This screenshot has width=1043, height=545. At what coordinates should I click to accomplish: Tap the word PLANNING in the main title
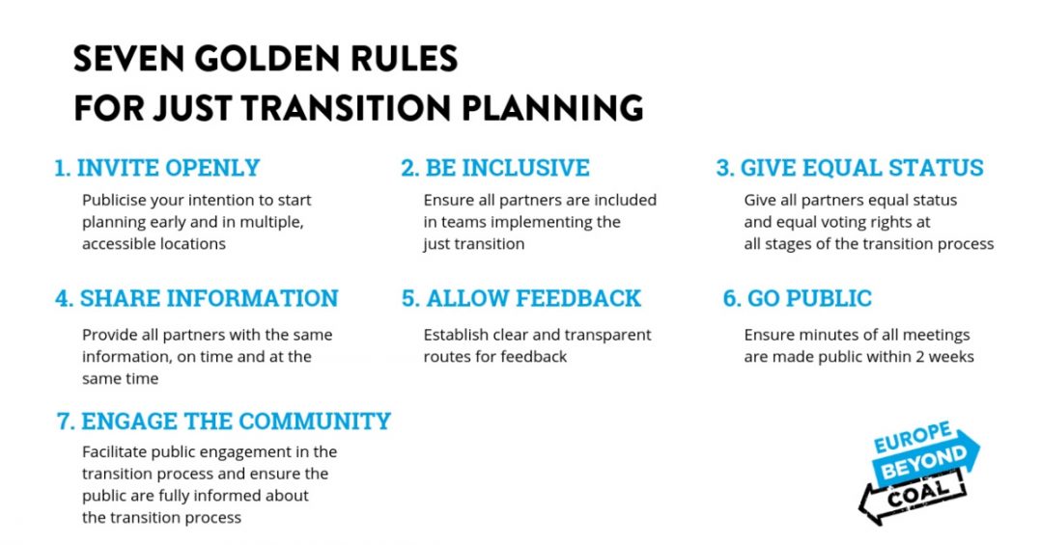[552, 108]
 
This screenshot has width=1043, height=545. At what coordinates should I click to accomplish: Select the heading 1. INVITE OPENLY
[157, 168]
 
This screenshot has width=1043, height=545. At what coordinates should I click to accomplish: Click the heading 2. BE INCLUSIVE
[494, 168]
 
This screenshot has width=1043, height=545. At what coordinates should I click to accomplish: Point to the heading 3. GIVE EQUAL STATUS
[850, 168]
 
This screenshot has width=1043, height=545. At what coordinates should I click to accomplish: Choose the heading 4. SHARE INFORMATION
[197, 298]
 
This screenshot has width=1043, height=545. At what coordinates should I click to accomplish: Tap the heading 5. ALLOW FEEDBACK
[521, 298]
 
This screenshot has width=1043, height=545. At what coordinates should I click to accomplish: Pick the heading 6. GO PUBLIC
[797, 298]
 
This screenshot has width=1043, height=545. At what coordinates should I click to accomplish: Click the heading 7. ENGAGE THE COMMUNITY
[223, 422]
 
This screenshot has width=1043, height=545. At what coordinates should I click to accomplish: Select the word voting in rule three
[854, 222]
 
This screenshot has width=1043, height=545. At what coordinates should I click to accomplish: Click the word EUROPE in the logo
[913, 438]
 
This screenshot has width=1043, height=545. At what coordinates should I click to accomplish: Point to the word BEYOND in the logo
[924, 463]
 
